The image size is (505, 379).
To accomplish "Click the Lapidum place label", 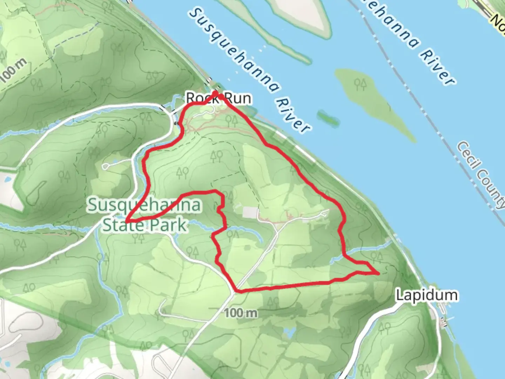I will (x=426, y=295).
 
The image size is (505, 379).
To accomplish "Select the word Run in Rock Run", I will (x=238, y=98).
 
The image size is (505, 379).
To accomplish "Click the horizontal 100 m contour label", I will (x=241, y=313).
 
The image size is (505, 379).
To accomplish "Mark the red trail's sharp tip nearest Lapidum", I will (x=379, y=273).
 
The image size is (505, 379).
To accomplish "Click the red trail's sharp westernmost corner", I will (x=127, y=220).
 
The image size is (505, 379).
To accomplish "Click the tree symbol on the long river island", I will (x=360, y=84).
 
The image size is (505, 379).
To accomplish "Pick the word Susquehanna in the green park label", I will (x=144, y=205).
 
